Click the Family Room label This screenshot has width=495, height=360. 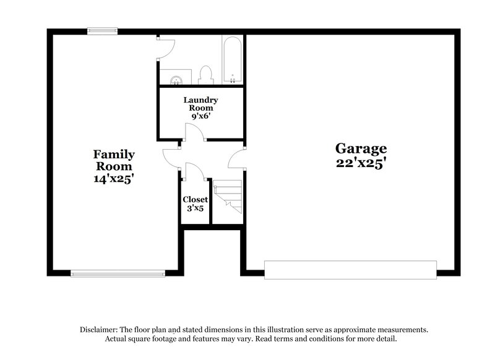click(x=114, y=160)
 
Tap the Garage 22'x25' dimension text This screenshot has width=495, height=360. click(x=361, y=163)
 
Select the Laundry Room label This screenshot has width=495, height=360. click(x=200, y=103)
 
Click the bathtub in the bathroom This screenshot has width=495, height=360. click(x=232, y=61)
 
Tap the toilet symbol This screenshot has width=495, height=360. click(x=206, y=74)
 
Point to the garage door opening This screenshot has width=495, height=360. click(x=350, y=270)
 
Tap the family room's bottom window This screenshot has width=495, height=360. click(x=118, y=273)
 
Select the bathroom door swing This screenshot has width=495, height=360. click(x=166, y=46)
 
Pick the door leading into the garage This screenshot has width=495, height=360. click(x=237, y=159)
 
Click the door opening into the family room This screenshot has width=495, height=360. click(x=171, y=159)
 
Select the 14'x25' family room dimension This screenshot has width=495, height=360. click(x=114, y=179)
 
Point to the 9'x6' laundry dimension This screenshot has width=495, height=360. click(x=200, y=116)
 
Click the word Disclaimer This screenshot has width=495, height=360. click(x=100, y=330)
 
